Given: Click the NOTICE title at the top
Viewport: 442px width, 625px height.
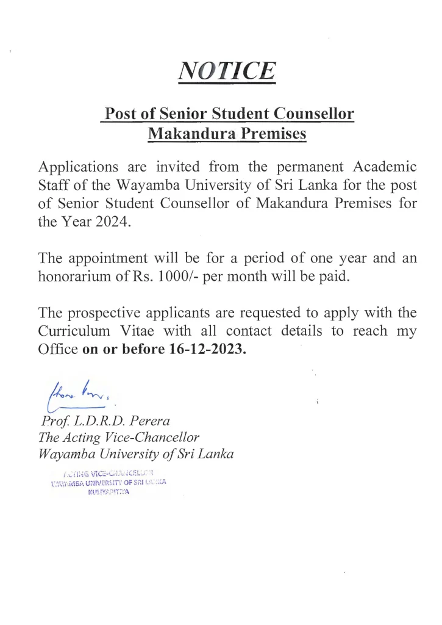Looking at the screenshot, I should tap(226, 70).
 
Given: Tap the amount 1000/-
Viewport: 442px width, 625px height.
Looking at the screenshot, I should tap(177, 276).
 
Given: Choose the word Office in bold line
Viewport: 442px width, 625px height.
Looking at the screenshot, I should tap(58, 350).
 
